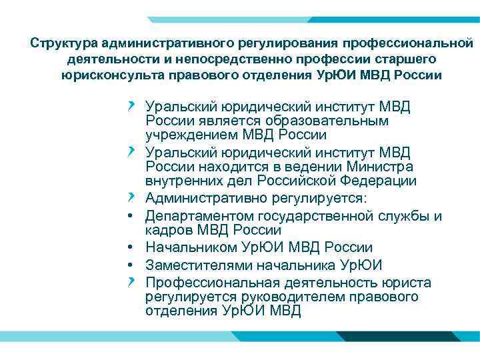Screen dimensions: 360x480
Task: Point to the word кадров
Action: [x=167, y=230]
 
